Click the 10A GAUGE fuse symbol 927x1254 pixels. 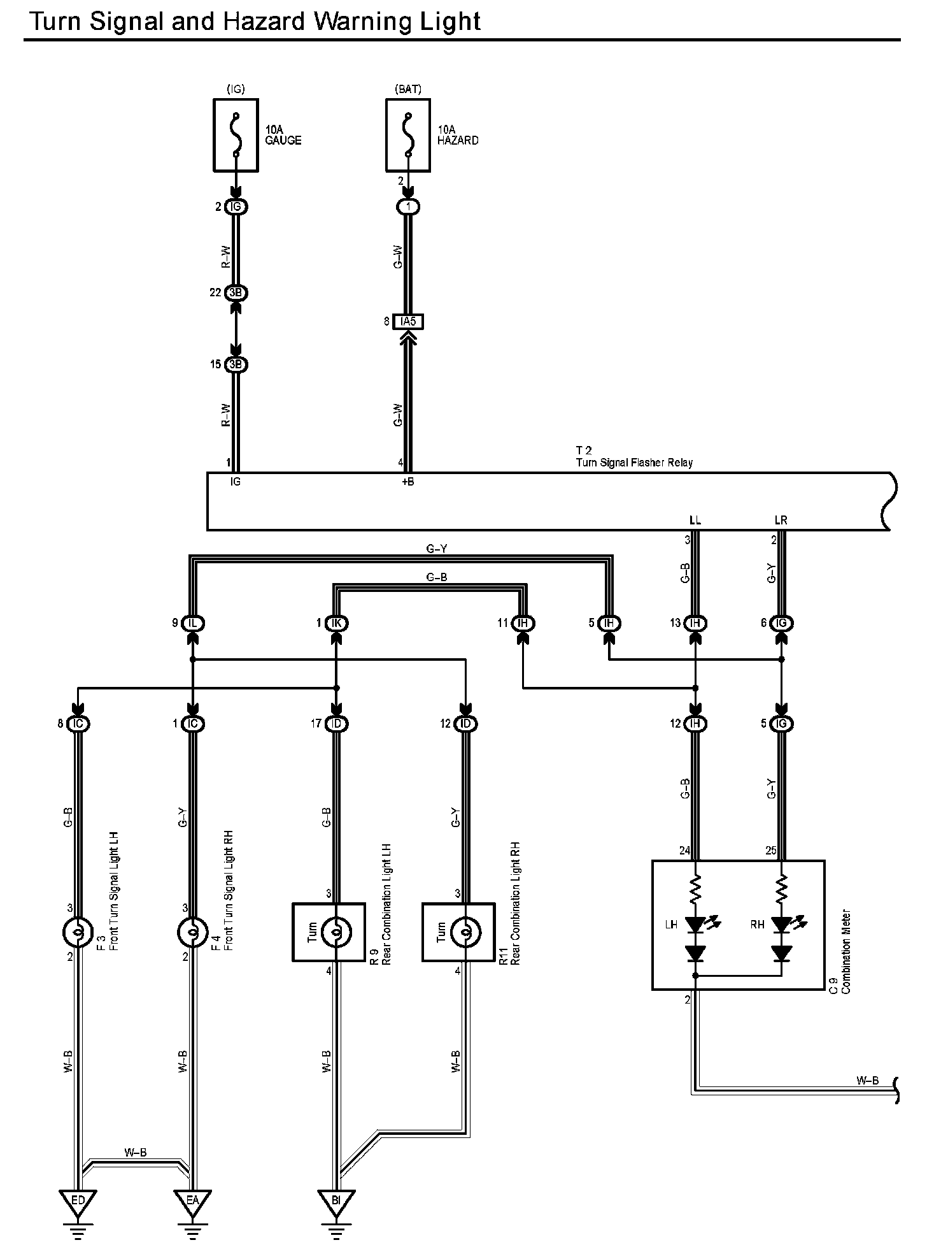236,135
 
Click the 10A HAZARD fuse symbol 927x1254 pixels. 408,135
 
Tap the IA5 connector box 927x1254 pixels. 408,322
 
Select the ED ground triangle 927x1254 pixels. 78,1201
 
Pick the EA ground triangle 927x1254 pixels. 192,1201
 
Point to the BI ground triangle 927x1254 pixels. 336,1201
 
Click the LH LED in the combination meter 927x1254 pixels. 695,923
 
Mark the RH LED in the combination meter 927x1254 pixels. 781,923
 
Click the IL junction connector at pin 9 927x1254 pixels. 192,623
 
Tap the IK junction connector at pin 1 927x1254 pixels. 336,623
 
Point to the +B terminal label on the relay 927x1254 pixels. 407,482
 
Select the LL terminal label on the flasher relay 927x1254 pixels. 695,520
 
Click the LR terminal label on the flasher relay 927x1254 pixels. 781,520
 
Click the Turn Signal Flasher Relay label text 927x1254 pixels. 634,463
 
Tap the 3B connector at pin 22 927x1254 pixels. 236,293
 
